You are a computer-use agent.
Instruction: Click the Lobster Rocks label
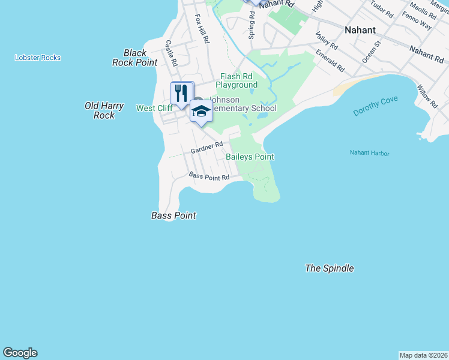click(38, 58)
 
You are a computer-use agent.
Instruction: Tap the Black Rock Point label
click(135, 58)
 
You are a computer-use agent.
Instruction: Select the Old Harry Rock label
click(104, 110)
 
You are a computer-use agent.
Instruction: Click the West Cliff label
click(154, 108)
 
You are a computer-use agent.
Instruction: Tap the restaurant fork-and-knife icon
click(181, 93)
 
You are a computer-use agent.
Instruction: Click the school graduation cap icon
click(201, 111)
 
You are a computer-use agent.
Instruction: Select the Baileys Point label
click(250, 157)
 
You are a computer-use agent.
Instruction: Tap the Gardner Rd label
click(206, 147)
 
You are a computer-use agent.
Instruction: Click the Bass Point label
click(173, 215)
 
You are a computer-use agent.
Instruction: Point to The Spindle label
click(329, 268)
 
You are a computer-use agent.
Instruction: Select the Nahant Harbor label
click(369, 154)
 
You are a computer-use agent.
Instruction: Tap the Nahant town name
click(360, 29)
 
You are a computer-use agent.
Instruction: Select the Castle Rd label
click(172, 53)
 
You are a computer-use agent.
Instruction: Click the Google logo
click(20, 353)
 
